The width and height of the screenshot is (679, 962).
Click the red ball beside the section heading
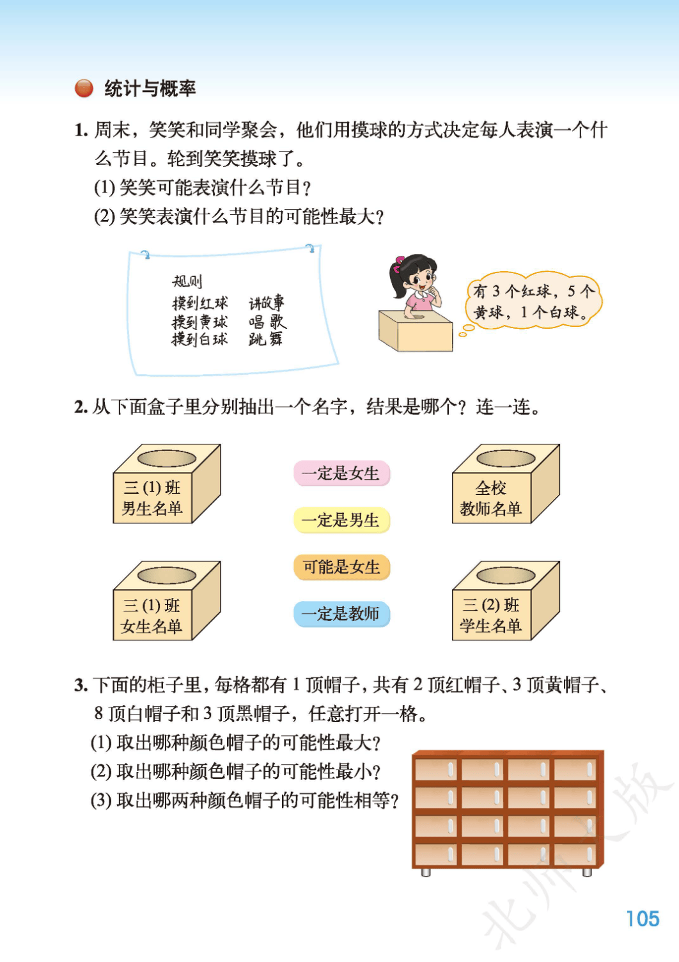pyautogui.click(x=84, y=88)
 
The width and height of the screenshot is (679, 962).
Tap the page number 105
pyautogui.click(x=643, y=919)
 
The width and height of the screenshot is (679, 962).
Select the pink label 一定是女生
pyautogui.click(x=341, y=473)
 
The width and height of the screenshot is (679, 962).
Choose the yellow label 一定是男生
pyautogui.click(x=341, y=520)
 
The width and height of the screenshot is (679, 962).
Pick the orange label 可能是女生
pyautogui.click(x=341, y=567)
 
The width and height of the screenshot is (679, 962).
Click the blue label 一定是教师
pyautogui.click(x=341, y=613)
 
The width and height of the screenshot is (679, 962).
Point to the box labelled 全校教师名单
pyautogui.click(x=506, y=484)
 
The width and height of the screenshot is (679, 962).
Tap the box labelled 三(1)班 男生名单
pyautogui.click(x=166, y=484)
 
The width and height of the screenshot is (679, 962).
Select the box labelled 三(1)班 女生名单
pyautogui.click(x=166, y=601)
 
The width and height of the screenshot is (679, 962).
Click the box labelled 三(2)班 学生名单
pyautogui.click(x=506, y=601)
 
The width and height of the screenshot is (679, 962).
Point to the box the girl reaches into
pyautogui.click(x=415, y=331)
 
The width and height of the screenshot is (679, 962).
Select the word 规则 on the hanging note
pyautogui.click(x=187, y=281)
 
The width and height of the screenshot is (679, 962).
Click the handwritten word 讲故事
pyautogui.click(x=266, y=303)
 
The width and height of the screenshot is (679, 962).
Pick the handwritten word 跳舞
pyautogui.click(x=265, y=339)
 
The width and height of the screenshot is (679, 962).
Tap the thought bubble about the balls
pyautogui.click(x=533, y=301)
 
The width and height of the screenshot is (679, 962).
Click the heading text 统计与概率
pyautogui.click(x=150, y=88)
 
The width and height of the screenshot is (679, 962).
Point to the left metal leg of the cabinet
pyautogui.click(x=426, y=872)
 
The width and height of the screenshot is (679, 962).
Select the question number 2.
pyautogui.click(x=81, y=407)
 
